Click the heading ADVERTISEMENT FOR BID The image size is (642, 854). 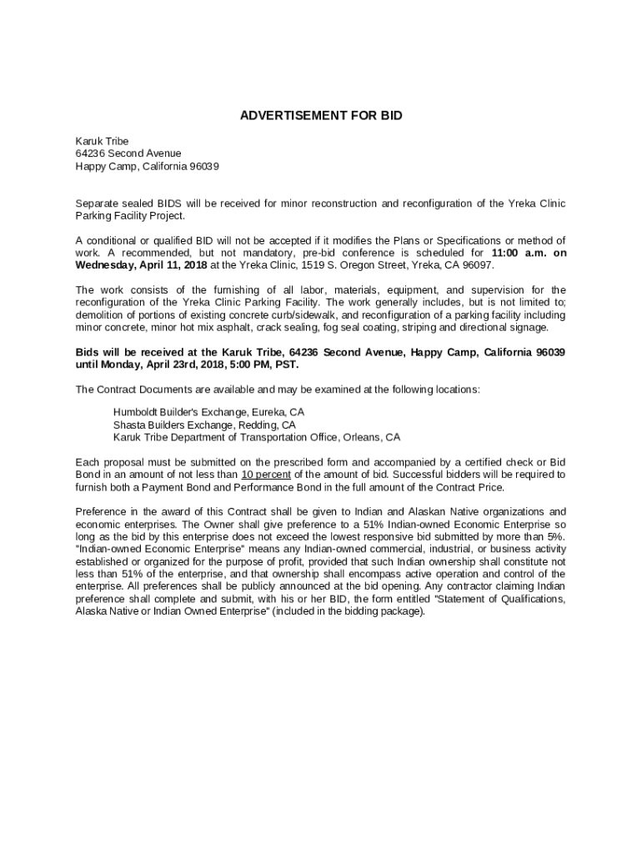(x=321, y=116)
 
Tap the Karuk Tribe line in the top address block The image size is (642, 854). (x=103, y=141)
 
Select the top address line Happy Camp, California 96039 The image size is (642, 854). (x=148, y=166)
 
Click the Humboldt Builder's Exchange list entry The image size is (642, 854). (x=209, y=412)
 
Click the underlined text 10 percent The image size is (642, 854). (x=266, y=475)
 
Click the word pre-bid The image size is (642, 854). (x=320, y=253)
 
